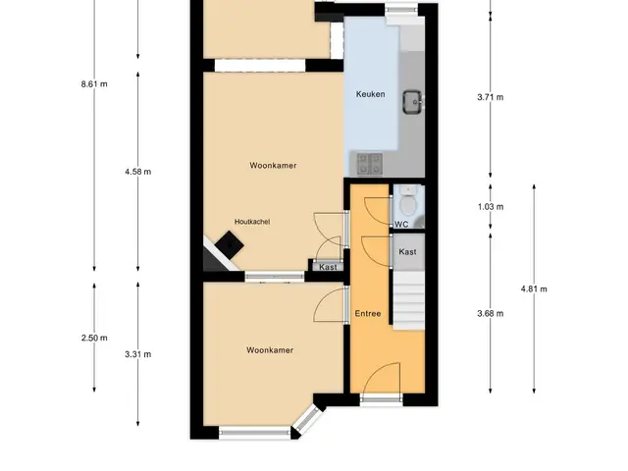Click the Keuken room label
371,94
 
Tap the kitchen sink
412,102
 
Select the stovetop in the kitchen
369,164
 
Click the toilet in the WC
408,202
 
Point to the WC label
401,225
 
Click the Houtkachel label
252,222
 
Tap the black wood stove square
229,244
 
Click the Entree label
368,313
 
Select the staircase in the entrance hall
408,300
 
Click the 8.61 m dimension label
94,84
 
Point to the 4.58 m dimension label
137,172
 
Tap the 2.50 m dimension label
94,338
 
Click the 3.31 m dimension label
137,354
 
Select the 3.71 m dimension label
491,97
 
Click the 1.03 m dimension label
491,207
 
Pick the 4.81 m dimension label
534,289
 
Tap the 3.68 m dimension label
491,314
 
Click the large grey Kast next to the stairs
408,252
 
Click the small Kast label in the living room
328,267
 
